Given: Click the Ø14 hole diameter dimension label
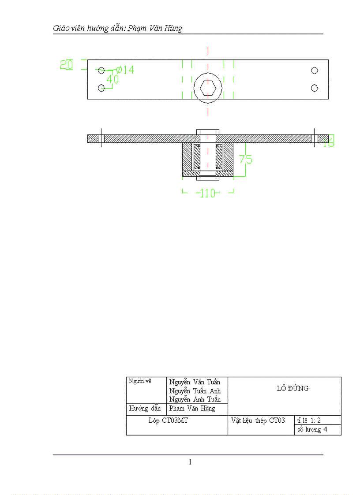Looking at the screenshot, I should click(x=125, y=70).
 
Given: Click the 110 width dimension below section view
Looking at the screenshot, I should click(x=207, y=193).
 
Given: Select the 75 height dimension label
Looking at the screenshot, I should click(x=246, y=159).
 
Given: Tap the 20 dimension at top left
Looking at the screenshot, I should click(x=67, y=65).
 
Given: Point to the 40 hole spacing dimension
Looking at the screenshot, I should click(x=113, y=79).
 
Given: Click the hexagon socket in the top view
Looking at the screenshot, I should click(x=208, y=88).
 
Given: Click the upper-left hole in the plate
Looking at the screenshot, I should click(x=101, y=71).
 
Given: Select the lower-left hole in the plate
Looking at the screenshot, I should click(x=101, y=88).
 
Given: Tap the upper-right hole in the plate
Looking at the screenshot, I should click(x=315, y=71).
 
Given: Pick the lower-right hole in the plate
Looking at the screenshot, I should click(x=315, y=88).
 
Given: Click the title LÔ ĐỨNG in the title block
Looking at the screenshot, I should click(x=292, y=388).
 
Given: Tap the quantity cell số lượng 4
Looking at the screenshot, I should click(x=312, y=430).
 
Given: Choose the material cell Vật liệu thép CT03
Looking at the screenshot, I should click(x=258, y=420).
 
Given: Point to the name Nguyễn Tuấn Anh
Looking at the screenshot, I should click(x=195, y=391).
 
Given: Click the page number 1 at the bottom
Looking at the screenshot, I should click(x=190, y=462).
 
